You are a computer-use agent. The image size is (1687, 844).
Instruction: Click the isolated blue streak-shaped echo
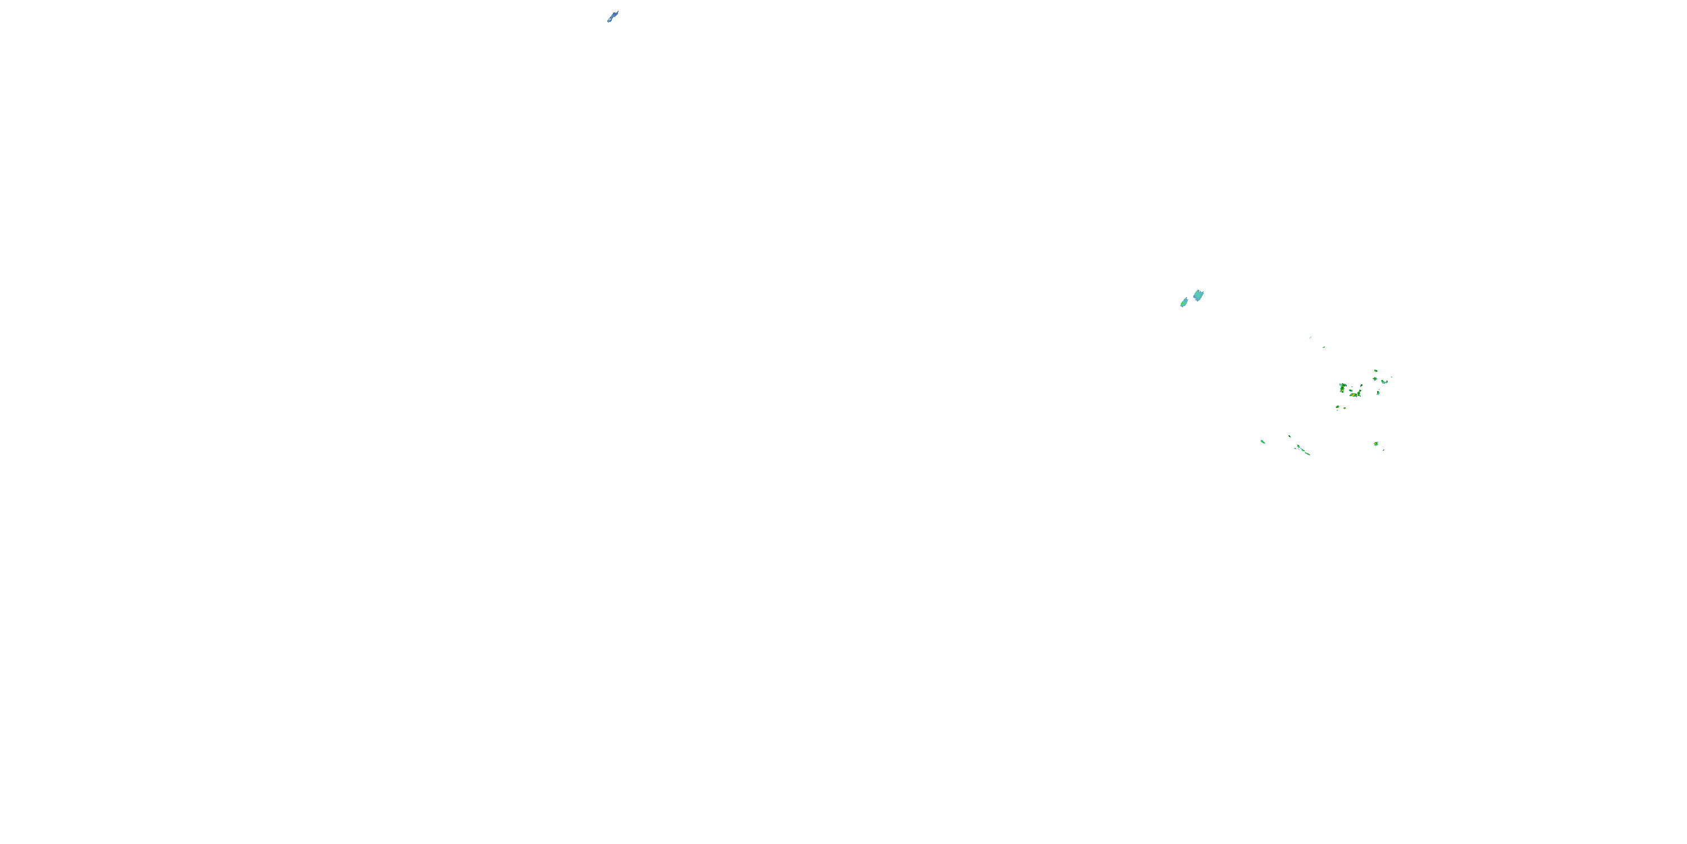click(x=612, y=16)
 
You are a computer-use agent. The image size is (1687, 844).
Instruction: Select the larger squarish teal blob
click(x=1198, y=295)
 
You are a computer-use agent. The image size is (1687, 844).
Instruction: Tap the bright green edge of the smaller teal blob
click(x=1181, y=305)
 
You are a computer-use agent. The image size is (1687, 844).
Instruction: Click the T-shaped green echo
click(x=1342, y=387)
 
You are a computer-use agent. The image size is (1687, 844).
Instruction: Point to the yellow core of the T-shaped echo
click(x=1342, y=389)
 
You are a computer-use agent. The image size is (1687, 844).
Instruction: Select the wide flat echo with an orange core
click(x=1355, y=394)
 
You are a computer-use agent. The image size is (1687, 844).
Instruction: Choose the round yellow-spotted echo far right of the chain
click(x=1376, y=443)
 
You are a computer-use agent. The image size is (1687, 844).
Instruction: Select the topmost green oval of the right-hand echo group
click(x=1375, y=371)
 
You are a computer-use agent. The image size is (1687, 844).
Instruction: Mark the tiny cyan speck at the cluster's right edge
click(x=1391, y=377)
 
